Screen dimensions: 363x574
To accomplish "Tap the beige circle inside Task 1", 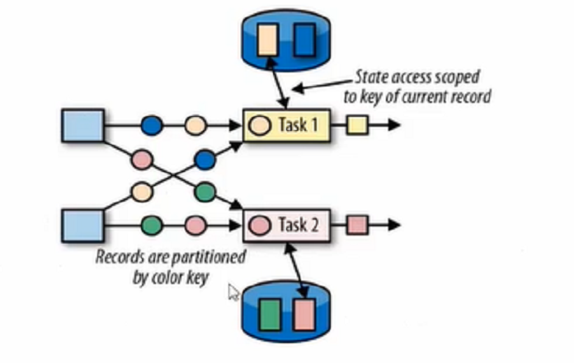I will pyautogui.click(x=259, y=126).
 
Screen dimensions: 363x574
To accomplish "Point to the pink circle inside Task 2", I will pyautogui.click(x=259, y=223).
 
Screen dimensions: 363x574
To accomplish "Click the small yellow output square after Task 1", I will pyautogui.click(x=356, y=126).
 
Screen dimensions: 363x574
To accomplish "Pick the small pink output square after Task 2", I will pyautogui.click(x=356, y=223).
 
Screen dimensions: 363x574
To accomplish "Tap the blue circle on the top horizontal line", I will pyautogui.click(x=153, y=126).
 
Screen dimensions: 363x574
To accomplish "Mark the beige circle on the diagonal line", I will pyautogui.click(x=141, y=192).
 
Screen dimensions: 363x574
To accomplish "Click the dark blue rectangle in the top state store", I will pyautogui.click(x=304, y=40).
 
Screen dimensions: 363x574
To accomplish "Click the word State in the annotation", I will pyautogui.click(x=370, y=78).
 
